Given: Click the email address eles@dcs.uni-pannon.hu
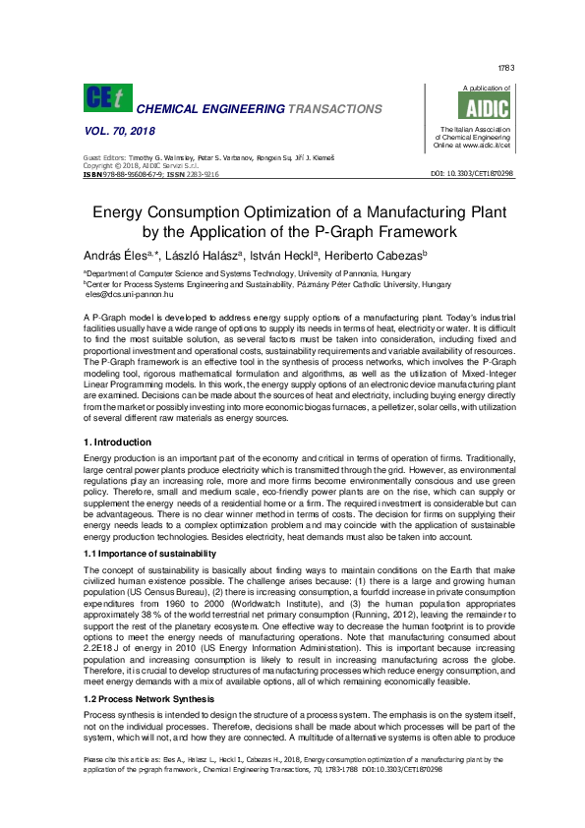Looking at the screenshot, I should point(130,293).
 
